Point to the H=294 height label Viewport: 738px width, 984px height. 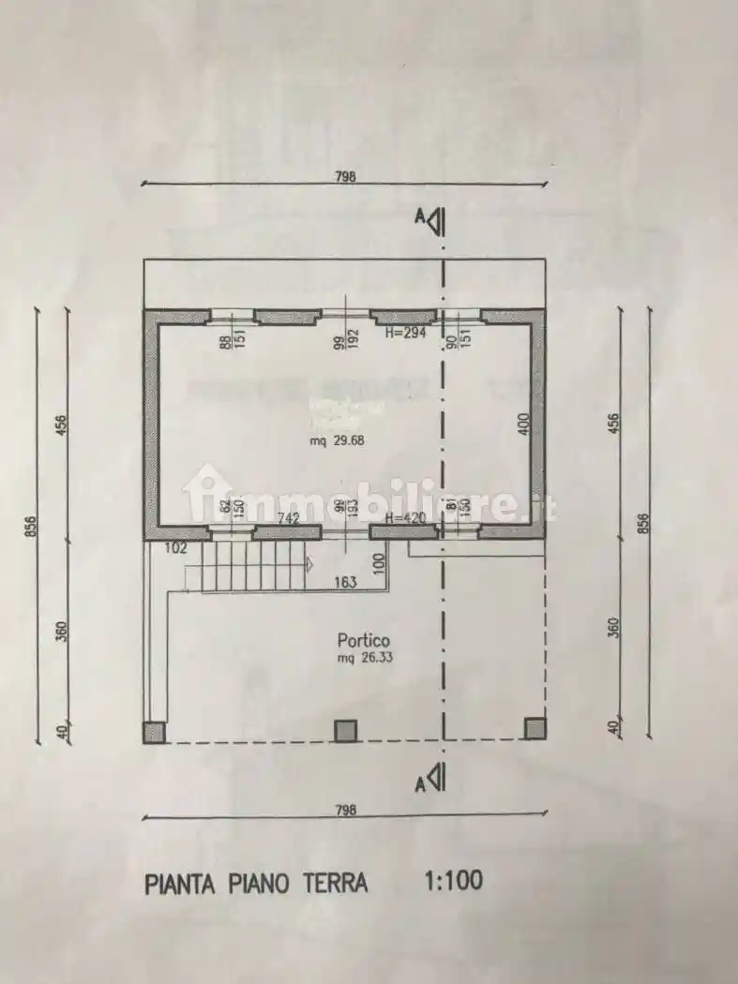click(x=407, y=333)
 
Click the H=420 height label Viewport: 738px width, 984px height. click(x=407, y=518)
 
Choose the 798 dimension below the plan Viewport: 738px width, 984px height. click(x=346, y=811)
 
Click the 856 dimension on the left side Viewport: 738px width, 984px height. click(x=31, y=527)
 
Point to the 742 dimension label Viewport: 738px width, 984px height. click(x=288, y=518)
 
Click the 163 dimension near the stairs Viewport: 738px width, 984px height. click(x=345, y=582)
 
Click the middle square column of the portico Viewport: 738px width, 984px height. click(x=346, y=730)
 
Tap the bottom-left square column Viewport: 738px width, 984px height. click(x=154, y=732)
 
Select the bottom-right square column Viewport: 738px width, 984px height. click(x=535, y=728)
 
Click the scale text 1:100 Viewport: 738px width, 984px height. click(x=454, y=880)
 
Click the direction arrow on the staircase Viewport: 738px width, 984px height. click(x=307, y=564)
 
